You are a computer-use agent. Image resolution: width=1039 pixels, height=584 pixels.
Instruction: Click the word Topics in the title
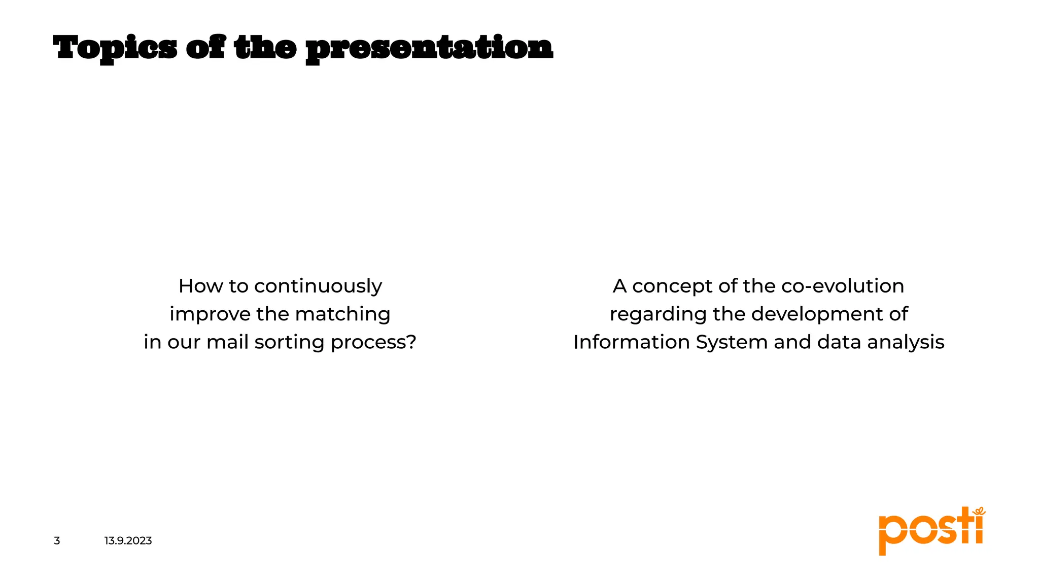[x=115, y=49]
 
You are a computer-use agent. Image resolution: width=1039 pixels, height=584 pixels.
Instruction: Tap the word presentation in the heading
[x=429, y=49]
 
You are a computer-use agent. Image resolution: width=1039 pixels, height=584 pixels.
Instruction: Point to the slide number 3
[x=57, y=541]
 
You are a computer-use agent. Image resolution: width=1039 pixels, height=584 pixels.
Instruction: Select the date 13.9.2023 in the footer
[x=128, y=541]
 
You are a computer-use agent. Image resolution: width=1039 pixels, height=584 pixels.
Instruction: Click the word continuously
[x=318, y=286]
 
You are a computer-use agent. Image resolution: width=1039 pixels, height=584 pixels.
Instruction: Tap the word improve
[x=210, y=314]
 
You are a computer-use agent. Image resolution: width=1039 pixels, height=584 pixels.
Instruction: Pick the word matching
[x=342, y=314]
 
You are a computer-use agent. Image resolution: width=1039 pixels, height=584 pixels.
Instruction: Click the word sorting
[x=289, y=343]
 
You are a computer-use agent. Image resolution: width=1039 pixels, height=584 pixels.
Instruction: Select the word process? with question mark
[x=373, y=343]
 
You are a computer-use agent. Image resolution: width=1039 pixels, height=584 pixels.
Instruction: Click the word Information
[x=632, y=342]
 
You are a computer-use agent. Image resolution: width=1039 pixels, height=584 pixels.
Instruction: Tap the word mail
[x=227, y=342]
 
